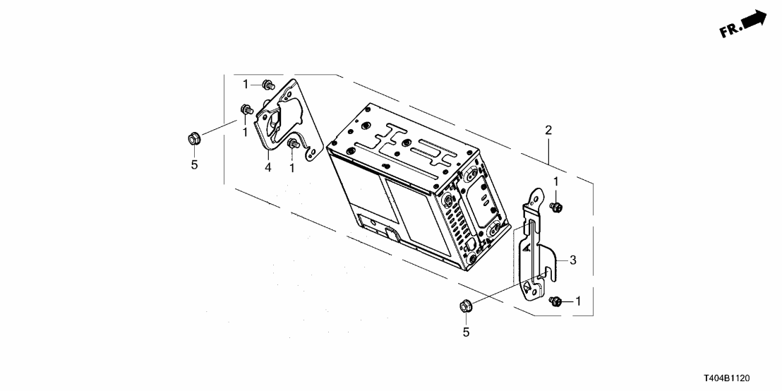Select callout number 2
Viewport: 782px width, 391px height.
[548, 130]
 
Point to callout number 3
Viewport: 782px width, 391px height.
[573, 260]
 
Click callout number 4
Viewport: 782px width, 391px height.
[268, 167]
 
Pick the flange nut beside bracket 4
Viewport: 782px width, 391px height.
[193, 138]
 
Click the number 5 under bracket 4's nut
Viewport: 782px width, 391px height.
[194, 165]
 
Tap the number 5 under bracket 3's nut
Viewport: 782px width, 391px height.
[466, 331]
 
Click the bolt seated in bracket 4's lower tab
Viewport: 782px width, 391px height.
[292, 145]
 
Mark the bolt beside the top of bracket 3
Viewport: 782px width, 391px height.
[555, 207]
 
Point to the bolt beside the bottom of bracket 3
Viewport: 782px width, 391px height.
[555, 301]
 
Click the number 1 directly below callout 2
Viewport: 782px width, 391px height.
[555, 182]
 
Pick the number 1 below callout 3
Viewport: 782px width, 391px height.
[579, 301]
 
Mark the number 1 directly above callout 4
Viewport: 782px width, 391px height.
[246, 132]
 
